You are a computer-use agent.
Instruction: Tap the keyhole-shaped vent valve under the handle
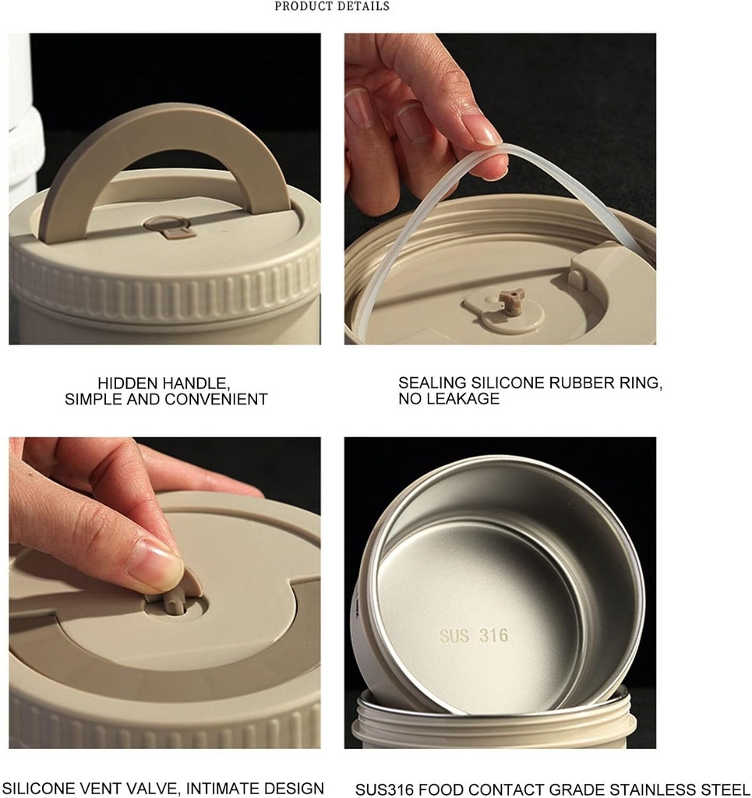pyautogui.click(x=170, y=228)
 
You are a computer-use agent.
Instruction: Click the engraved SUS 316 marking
pyautogui.click(x=474, y=635)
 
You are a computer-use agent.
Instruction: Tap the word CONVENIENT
pyautogui.click(x=216, y=399)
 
